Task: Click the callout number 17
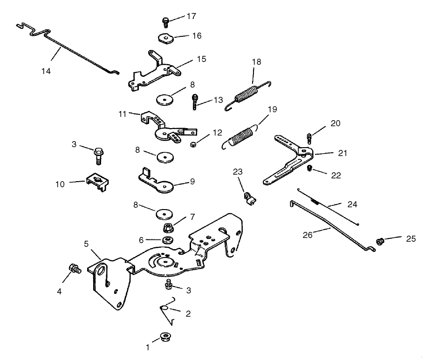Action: click(x=191, y=16)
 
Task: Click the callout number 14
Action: click(x=46, y=71)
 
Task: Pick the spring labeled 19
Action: click(x=242, y=136)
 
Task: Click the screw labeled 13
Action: click(x=195, y=102)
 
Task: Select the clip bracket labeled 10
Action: click(x=98, y=182)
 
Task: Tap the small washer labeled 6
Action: click(x=166, y=240)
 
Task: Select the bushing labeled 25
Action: click(x=380, y=241)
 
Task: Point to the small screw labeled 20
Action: click(x=310, y=137)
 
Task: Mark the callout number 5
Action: click(x=86, y=244)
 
